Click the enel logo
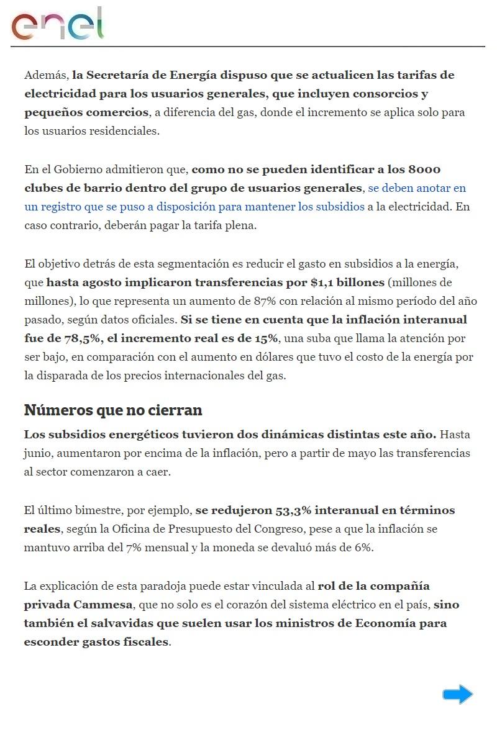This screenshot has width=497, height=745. pos(57,24)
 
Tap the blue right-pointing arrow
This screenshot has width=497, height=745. pos(458,694)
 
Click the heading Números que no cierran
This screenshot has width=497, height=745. pos(113,410)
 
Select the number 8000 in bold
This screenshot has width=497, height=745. pos(425,169)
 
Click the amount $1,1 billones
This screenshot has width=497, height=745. pos(347,282)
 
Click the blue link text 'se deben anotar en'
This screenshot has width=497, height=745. pos(417,188)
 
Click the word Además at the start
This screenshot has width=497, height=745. pos(45,75)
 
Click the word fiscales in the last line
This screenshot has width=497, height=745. pos(146,642)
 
